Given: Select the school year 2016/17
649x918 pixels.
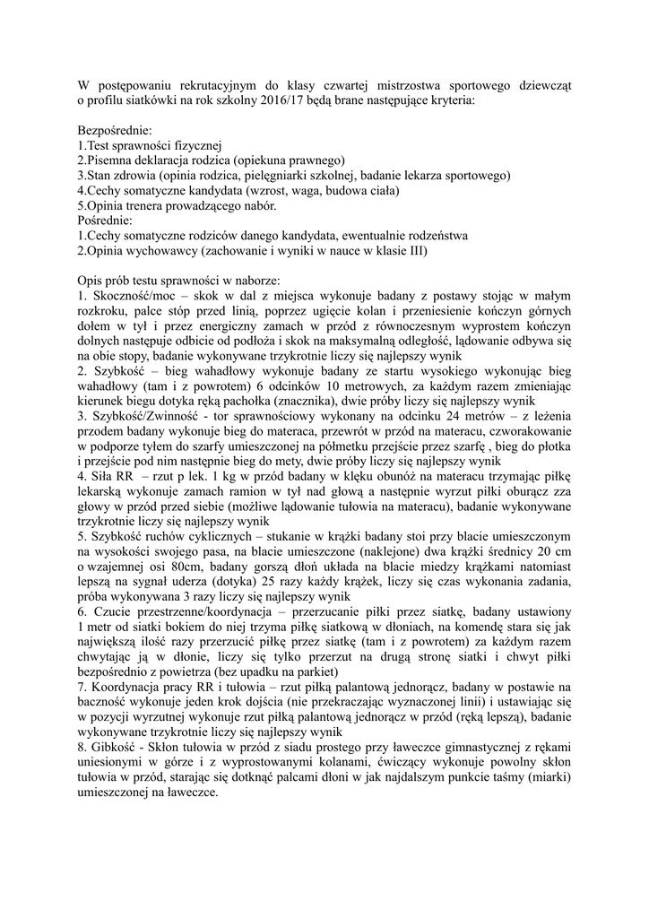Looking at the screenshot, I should [x=296, y=101].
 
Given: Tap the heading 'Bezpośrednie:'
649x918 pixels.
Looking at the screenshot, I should [x=115, y=131].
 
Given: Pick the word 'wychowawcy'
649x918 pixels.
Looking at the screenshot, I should [x=166, y=251].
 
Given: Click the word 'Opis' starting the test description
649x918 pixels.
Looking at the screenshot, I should [x=91, y=281].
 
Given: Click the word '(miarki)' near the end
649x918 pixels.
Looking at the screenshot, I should [x=547, y=777].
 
